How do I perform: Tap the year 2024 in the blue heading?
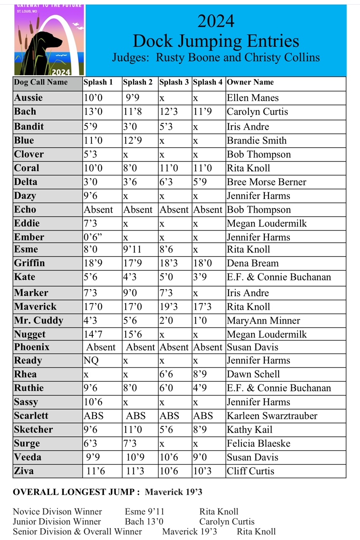[x=216, y=21]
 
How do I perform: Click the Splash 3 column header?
[x=174, y=82]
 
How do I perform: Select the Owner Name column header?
[x=250, y=82]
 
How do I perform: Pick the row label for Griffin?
[x=30, y=263]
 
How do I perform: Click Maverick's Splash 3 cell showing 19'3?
[x=169, y=307]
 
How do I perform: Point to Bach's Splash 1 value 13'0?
[x=93, y=112]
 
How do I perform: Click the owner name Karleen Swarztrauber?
[x=272, y=416]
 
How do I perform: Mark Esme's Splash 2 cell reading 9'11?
[x=132, y=249]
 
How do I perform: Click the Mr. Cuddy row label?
[x=38, y=321]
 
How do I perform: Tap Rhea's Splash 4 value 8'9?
[x=200, y=374]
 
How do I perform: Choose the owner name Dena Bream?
[x=253, y=263]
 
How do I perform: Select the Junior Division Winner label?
[x=57, y=522]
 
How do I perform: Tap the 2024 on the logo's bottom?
[x=61, y=72]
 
